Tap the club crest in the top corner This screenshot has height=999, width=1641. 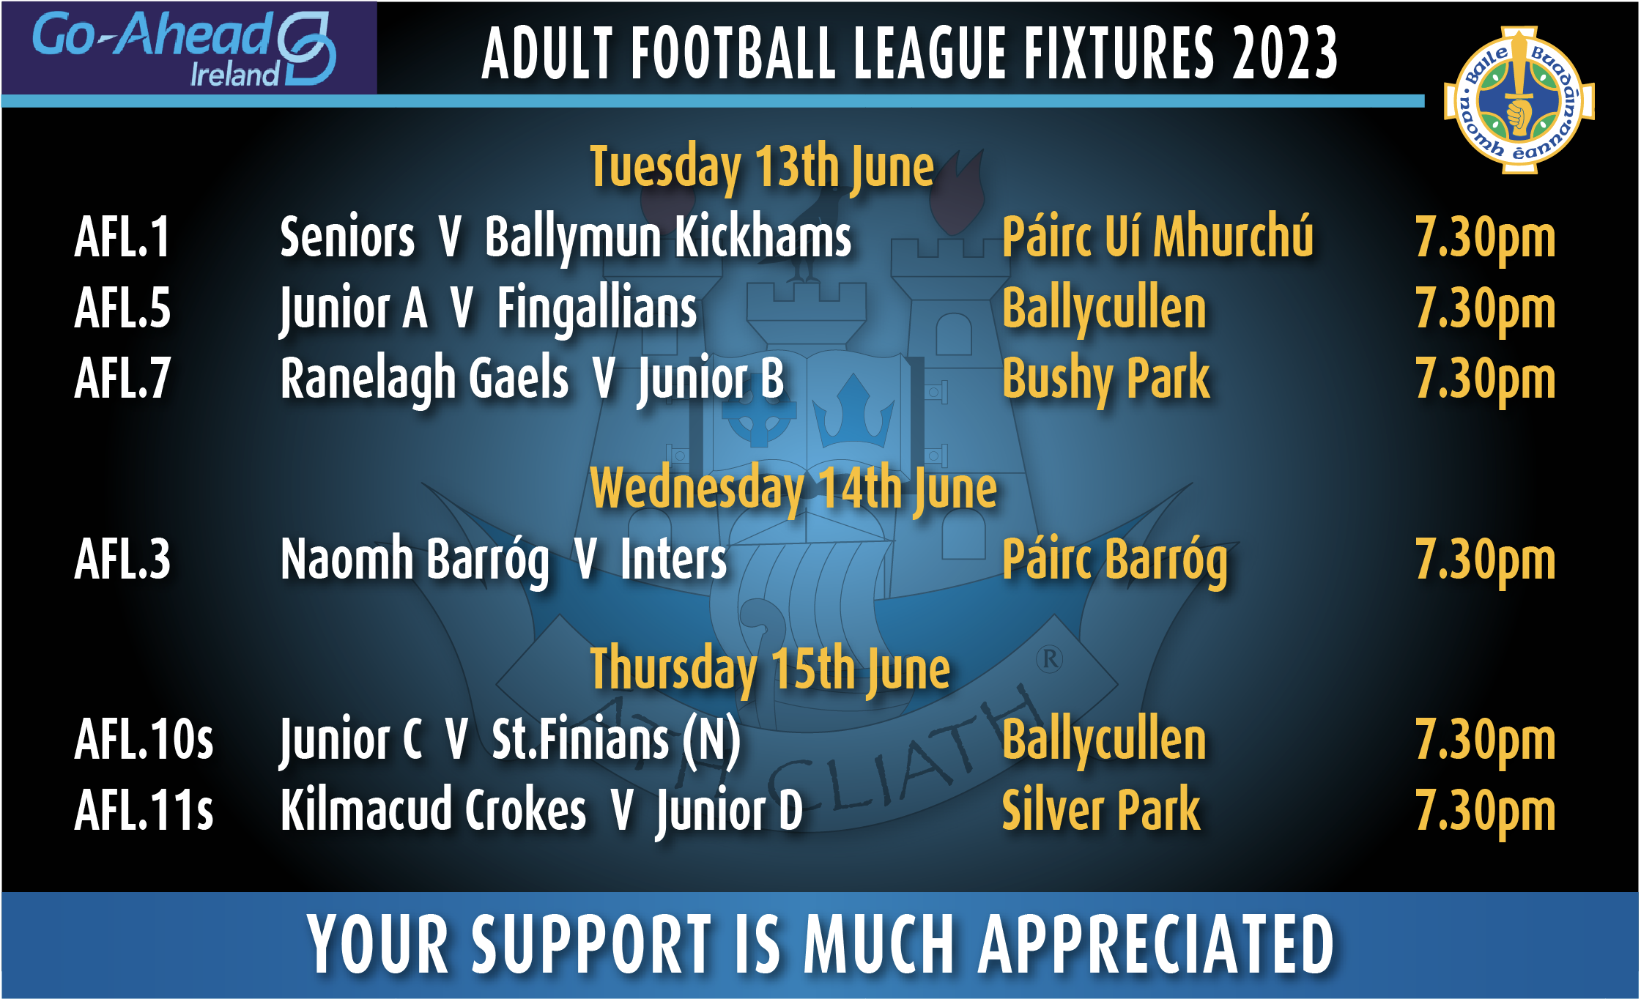click(1519, 100)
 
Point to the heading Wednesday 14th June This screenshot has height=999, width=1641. click(793, 489)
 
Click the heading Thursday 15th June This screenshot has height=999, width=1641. click(770, 670)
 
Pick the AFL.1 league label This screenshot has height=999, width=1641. click(122, 237)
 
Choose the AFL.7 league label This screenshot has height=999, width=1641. click(122, 379)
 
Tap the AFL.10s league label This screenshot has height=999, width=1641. click(144, 740)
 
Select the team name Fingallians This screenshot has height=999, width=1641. click(597, 309)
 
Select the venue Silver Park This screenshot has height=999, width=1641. click(1101, 810)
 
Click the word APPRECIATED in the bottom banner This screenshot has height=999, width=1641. click(1156, 945)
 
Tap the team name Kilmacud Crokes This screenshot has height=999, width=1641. click(434, 810)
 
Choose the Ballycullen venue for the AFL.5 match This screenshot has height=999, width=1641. click(1104, 309)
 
